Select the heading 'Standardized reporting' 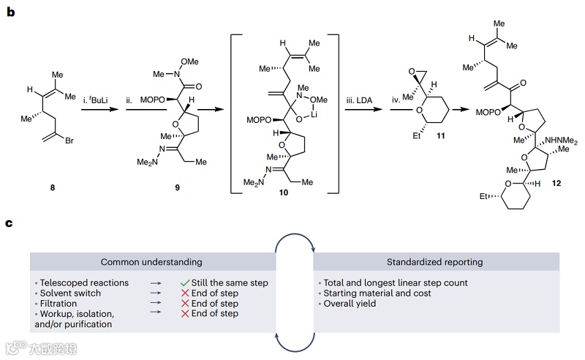[436, 261]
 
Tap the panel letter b [10, 11]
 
